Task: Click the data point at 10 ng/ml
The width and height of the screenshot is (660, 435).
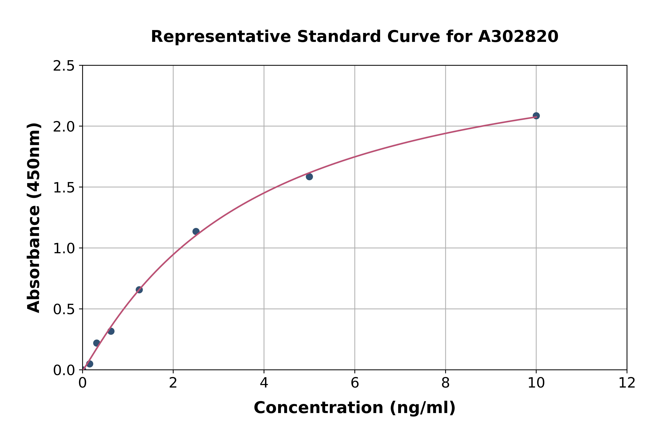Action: point(536,116)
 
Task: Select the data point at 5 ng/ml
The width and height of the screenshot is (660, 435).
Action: point(309,176)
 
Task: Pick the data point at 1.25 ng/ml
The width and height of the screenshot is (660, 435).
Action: point(139,290)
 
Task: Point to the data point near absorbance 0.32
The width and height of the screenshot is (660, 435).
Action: point(111,331)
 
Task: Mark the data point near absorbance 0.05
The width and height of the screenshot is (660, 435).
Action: point(89,364)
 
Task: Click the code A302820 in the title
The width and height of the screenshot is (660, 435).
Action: point(518,37)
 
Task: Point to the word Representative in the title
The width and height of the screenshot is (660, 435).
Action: point(221,37)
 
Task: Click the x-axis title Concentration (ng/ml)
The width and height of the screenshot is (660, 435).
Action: point(354,408)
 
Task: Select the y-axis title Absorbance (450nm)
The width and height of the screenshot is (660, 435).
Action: point(34,218)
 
